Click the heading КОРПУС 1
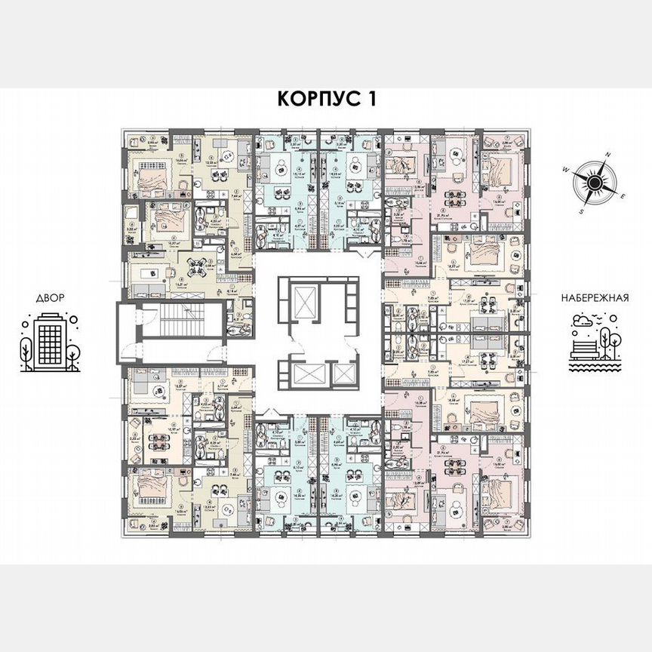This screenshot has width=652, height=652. pyautogui.click(x=327, y=98)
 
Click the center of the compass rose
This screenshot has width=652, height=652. pyautogui.click(x=595, y=181)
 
